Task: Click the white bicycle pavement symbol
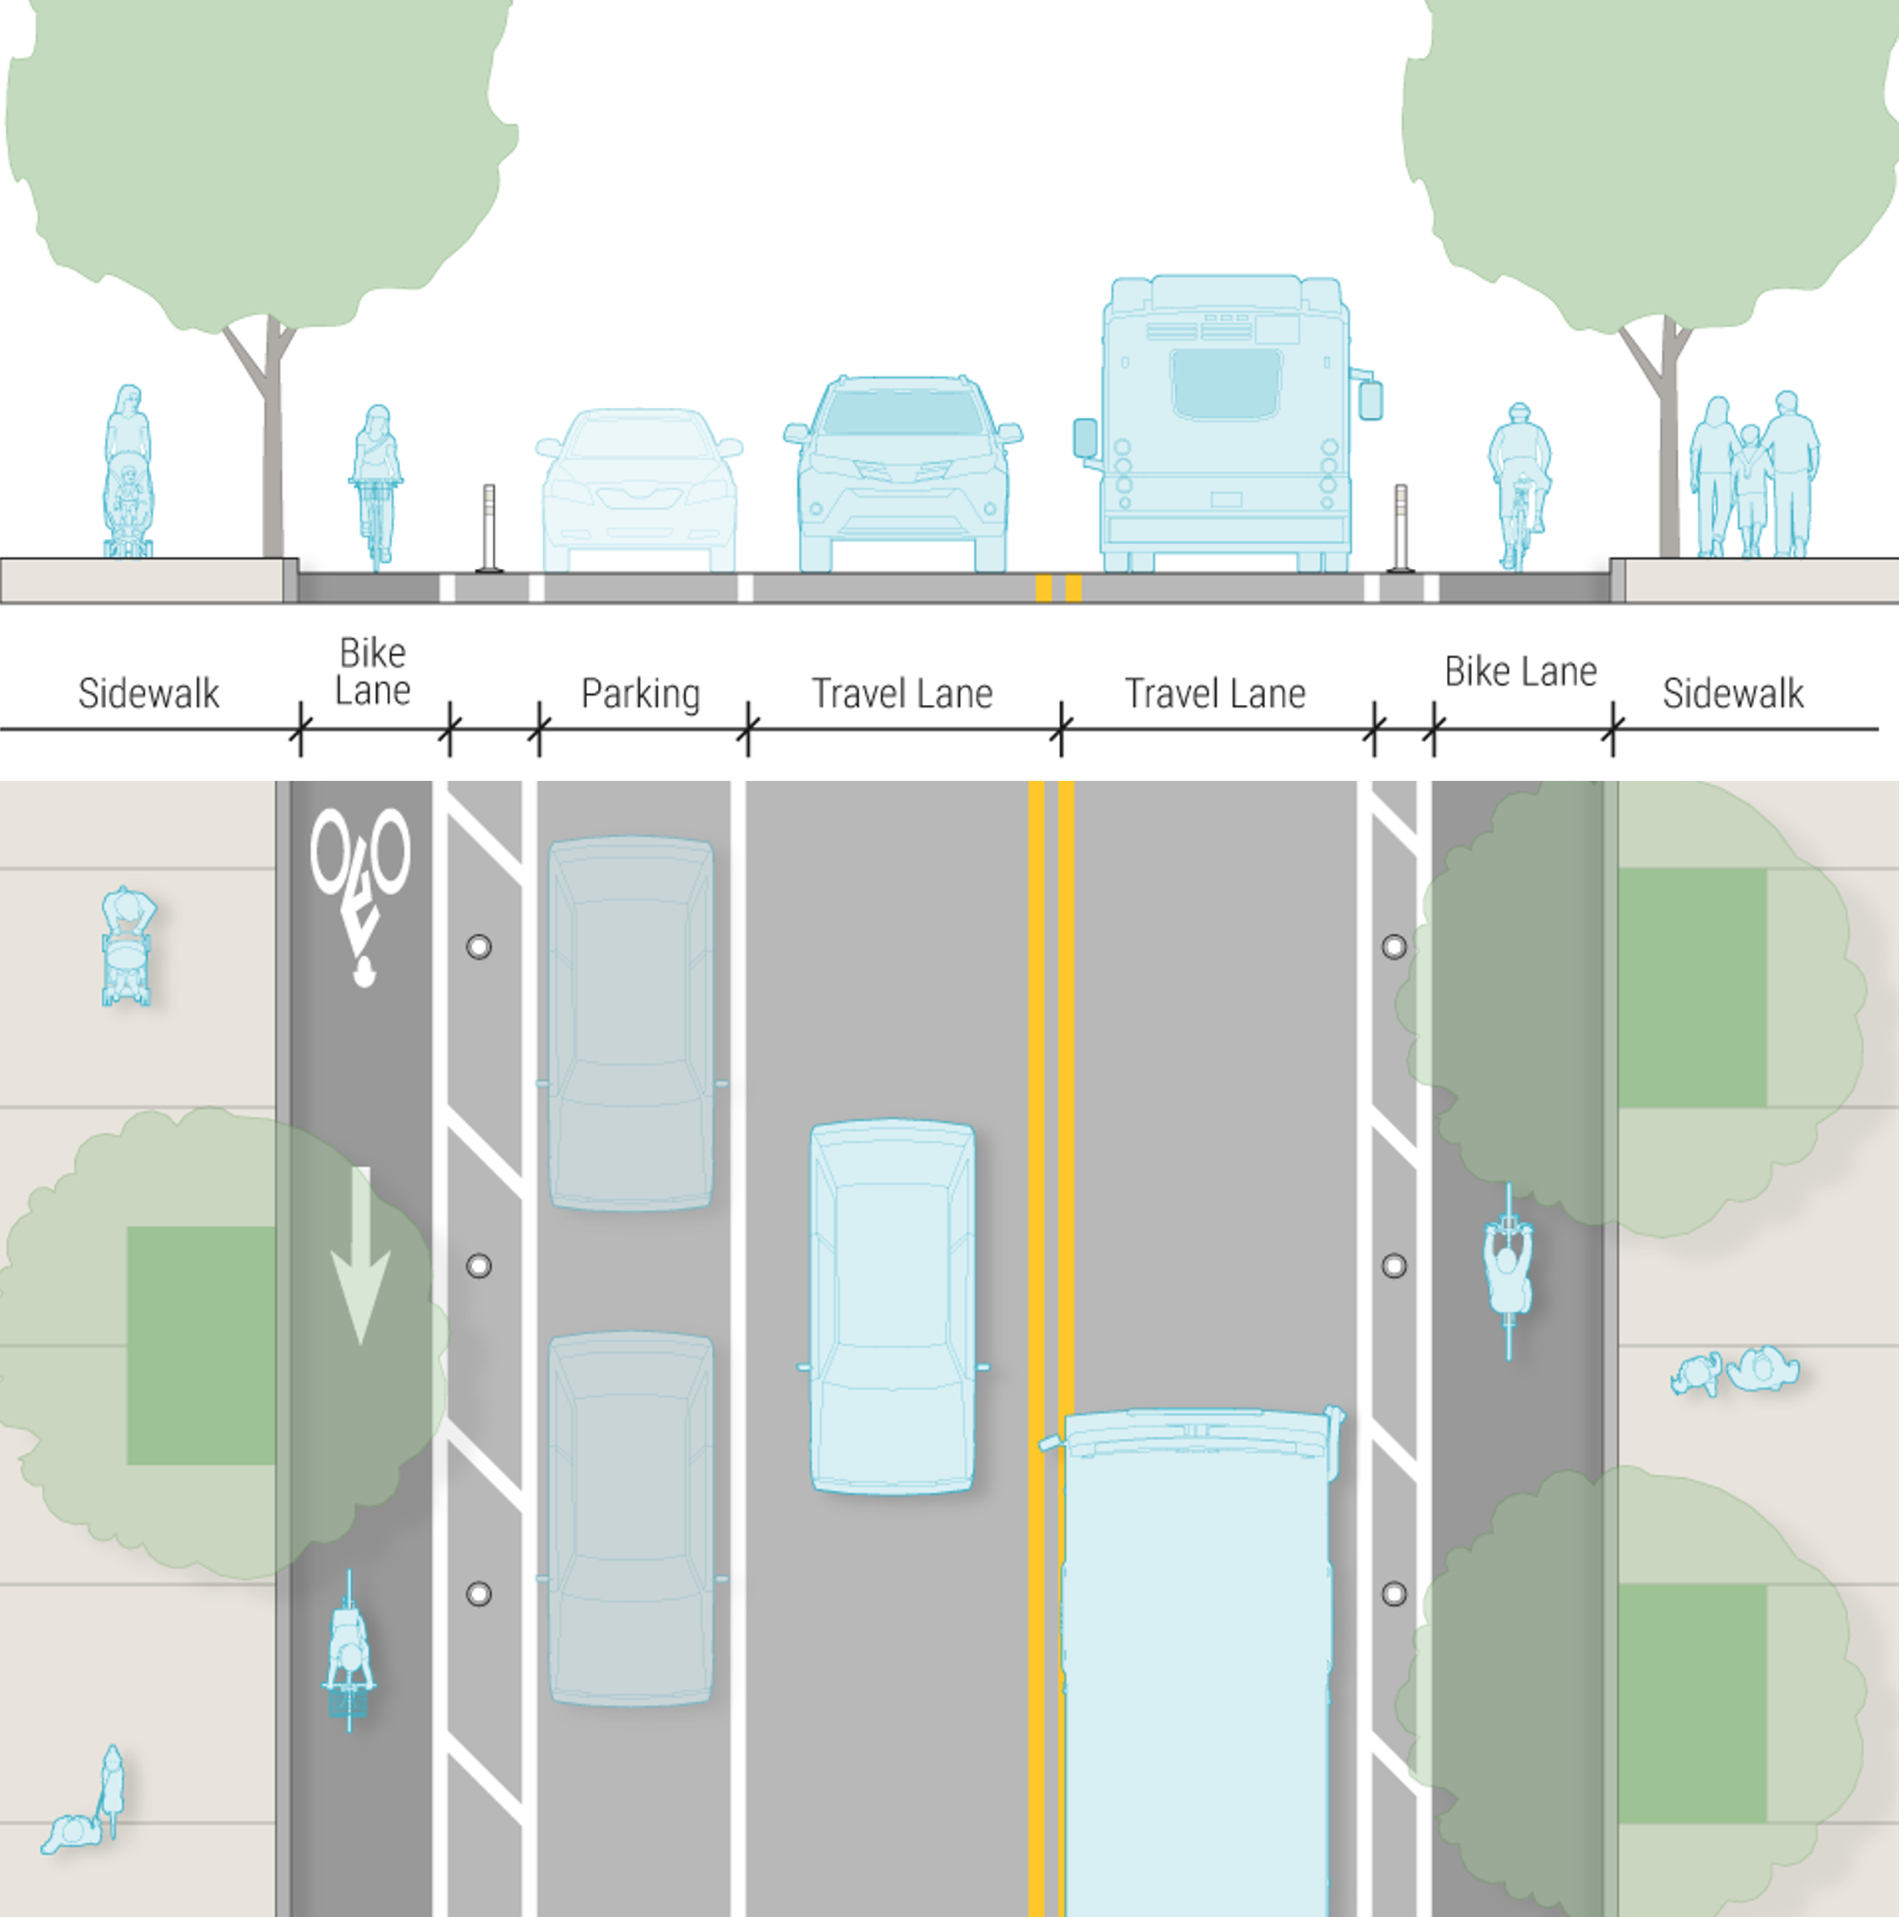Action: (359, 888)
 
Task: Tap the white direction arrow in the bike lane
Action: (360, 1255)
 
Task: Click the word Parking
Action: (640, 692)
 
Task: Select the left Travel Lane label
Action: (902, 692)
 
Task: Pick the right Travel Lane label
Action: (1214, 692)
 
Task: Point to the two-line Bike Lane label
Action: (372, 672)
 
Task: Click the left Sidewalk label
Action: (148, 692)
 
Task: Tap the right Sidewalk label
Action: (1732, 692)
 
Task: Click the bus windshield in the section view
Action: (1224, 382)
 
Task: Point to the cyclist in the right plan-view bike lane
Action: (1508, 1270)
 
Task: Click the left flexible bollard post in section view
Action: (489, 528)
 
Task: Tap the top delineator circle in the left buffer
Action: (480, 947)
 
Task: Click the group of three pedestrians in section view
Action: (1753, 476)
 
